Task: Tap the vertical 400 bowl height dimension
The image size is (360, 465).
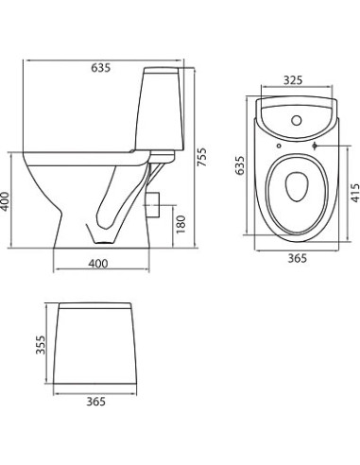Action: pos(8,201)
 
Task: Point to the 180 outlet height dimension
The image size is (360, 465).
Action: pos(180,225)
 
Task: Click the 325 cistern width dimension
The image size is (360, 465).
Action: pos(292,81)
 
